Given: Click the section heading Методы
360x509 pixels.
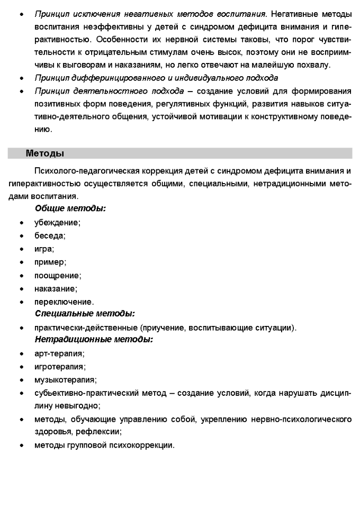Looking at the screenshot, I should [x=45, y=153].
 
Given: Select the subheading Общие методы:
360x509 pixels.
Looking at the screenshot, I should [x=70, y=208].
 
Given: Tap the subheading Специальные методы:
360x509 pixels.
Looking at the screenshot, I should [x=85, y=314].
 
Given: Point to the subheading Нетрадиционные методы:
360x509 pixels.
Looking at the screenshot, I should [x=94, y=339].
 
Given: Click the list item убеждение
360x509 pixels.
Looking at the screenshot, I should [x=57, y=222].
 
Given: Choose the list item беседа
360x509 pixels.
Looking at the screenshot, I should [x=50, y=235].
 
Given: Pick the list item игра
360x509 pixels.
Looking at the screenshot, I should [x=44, y=249].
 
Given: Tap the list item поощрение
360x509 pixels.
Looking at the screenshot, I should [x=57, y=275].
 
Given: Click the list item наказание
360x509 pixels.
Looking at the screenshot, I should [x=56, y=288].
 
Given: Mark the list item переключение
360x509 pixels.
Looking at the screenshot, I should [x=64, y=302].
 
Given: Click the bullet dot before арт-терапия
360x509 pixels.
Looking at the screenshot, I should [x=21, y=353].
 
